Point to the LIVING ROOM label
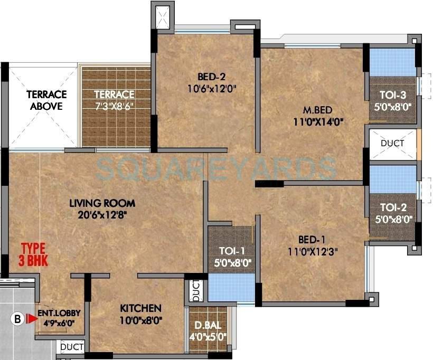[x=102, y=203]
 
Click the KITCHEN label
[x=140, y=308]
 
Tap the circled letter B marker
[x=17, y=318]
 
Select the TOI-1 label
[x=231, y=252]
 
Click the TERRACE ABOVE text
[x=46, y=100]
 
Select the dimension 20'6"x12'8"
[x=102, y=214]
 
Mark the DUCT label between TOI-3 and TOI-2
[x=392, y=143]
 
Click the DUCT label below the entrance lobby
[x=72, y=348]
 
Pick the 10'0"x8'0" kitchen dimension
[x=140, y=320]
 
